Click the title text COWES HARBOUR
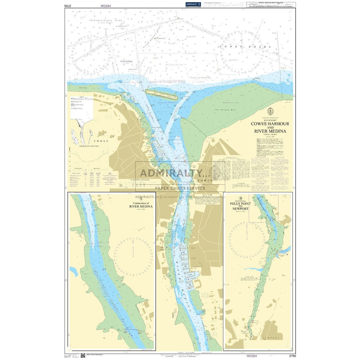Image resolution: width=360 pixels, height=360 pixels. (x=270, y=124)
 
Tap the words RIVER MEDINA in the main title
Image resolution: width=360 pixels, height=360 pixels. (x=270, y=131)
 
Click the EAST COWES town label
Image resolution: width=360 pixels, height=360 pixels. (x=208, y=178)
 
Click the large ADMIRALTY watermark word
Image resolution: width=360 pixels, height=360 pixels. (x=171, y=173)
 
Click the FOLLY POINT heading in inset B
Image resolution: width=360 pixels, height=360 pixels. (x=240, y=204)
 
